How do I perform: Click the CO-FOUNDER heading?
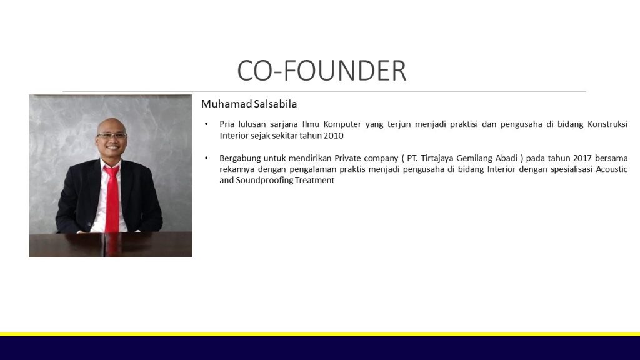(322, 71)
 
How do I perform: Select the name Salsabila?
(276, 104)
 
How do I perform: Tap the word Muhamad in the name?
(226, 104)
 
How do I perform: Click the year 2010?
(334, 136)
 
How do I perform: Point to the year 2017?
(582, 158)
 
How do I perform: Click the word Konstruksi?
(607, 124)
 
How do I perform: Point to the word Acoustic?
(612, 169)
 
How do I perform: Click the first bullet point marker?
(206, 124)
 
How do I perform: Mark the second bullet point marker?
(206, 158)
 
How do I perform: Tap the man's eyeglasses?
(112, 135)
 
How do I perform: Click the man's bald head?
(111, 124)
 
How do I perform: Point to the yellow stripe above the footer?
(320, 334)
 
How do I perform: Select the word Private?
(347, 158)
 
